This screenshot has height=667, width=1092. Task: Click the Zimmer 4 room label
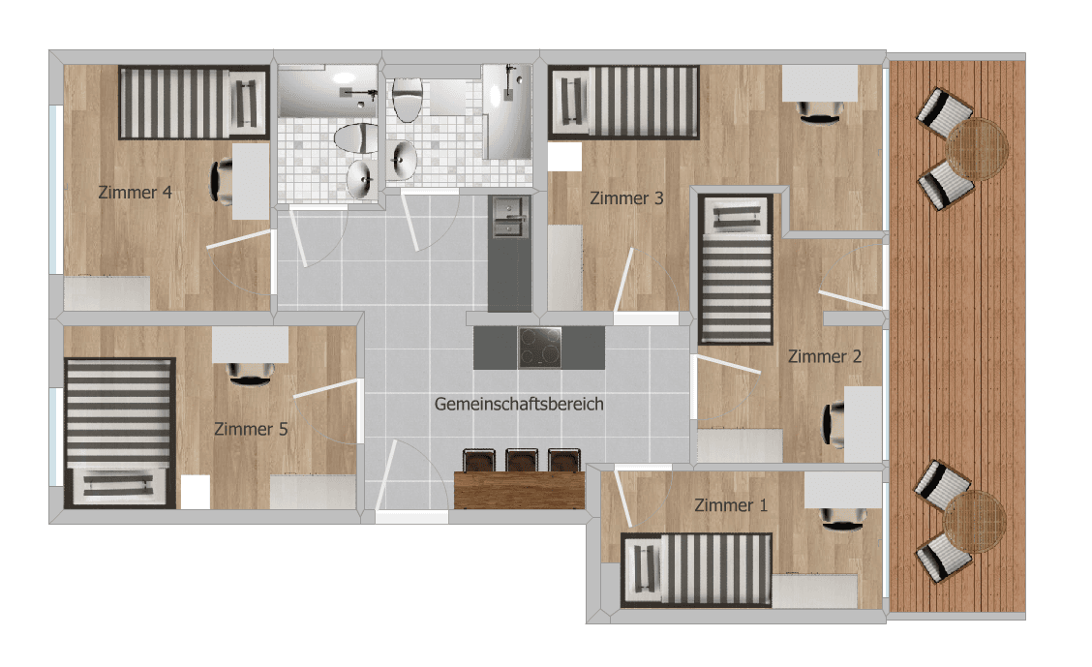136,192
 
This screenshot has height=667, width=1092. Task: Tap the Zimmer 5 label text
251,428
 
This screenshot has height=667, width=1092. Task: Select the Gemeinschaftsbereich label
519,404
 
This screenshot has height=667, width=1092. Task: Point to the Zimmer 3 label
626,198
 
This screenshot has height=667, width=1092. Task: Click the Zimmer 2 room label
825,356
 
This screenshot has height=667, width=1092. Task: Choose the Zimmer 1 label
731,505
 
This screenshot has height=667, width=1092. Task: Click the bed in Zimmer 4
194,102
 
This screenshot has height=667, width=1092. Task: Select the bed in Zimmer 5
120,433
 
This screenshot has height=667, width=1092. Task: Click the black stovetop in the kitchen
539,348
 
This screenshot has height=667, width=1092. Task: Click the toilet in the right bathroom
408,100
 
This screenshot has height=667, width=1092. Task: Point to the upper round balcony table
978,149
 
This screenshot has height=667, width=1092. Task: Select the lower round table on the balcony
975,520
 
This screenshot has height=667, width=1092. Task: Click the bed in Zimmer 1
697,570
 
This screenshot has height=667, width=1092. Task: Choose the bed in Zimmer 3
624,102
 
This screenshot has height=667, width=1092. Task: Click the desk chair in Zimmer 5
251,374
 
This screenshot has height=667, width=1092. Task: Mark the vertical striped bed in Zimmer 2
737,269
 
